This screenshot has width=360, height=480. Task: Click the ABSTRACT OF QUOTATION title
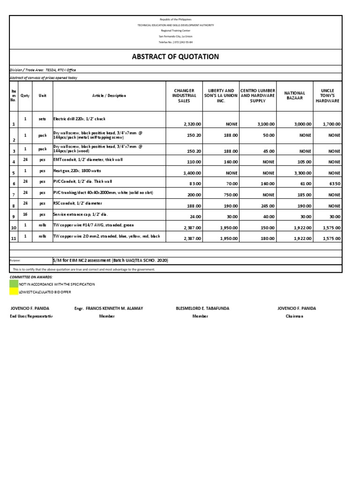[x=175, y=57]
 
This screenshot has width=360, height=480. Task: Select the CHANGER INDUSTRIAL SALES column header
[x=184, y=96]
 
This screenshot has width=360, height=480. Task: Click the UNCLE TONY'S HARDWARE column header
[x=328, y=96]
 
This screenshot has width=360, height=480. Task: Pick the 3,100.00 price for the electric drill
[x=265, y=124]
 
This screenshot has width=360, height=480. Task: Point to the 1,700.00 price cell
[x=332, y=124]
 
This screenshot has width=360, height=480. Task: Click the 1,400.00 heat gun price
[x=192, y=173]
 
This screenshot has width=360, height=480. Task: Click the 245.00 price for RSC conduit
[x=267, y=206]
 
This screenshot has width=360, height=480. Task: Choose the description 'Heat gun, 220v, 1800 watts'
[x=82, y=171]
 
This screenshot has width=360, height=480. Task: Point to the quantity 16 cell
[x=25, y=214]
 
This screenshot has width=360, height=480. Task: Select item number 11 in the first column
[x=14, y=239]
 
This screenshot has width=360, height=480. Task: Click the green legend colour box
[x=14, y=284]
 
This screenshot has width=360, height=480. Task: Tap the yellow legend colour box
[x=14, y=292]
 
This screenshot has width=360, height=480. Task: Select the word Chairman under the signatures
[x=294, y=316]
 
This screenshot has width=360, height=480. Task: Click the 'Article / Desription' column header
[x=109, y=96]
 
